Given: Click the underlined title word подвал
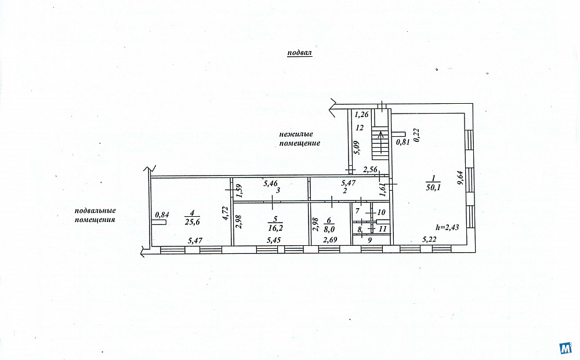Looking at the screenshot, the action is click(300, 53).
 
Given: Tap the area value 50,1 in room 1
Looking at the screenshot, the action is click(433, 188).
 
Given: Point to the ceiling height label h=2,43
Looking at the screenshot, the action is click(448, 227).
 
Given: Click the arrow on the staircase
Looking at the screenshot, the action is click(380, 140).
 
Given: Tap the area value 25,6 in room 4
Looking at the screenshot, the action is click(192, 222).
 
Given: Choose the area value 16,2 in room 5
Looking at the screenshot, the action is click(275, 228).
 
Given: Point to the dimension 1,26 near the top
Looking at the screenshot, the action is click(361, 115).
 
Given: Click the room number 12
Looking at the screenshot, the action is click(360, 128).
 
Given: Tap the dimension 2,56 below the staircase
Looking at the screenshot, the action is click(370, 170).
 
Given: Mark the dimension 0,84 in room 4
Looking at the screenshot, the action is click(162, 214).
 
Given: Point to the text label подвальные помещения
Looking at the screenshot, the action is click(96, 215).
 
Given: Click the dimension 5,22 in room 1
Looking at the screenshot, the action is click(429, 239).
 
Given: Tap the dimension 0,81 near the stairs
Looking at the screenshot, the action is click(403, 142).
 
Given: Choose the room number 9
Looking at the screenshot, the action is click(369, 240).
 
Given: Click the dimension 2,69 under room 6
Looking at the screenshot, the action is click(331, 240).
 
